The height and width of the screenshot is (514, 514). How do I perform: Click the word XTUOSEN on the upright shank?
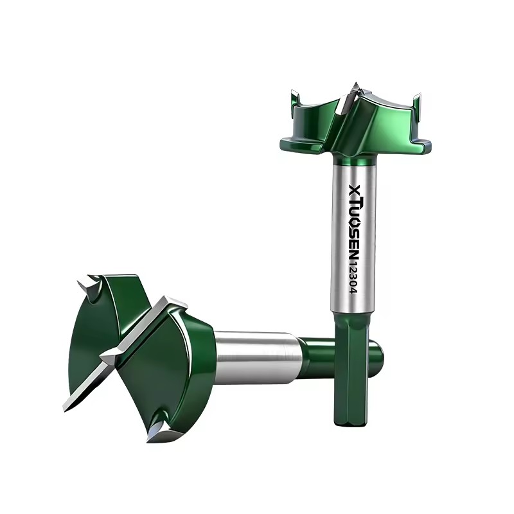(355, 221)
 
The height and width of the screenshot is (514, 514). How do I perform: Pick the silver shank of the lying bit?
(258, 357)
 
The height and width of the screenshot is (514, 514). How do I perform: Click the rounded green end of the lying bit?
(377, 357)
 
